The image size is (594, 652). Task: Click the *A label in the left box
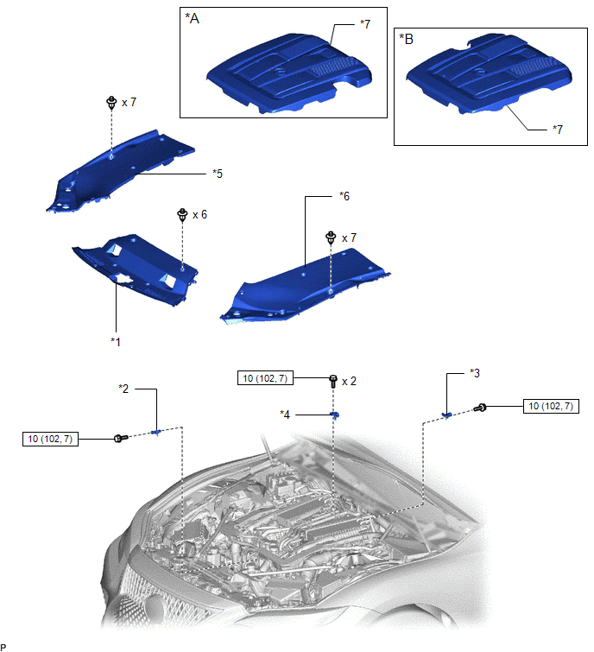tap(192, 18)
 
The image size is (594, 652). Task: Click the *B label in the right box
tap(406, 39)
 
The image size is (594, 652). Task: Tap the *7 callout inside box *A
tap(365, 24)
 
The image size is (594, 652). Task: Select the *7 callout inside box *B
tap(558, 130)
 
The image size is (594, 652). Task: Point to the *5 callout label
tap(218, 174)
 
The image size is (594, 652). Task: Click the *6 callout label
tap(344, 196)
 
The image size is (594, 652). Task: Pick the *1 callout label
tap(115, 342)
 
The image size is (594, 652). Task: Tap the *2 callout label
tap(123, 389)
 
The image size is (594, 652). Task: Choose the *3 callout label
tap(475, 373)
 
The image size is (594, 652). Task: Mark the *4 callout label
tap(285, 415)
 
